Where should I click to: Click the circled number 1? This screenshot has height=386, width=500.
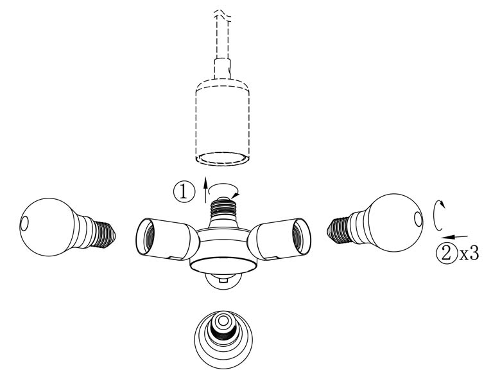tap(184, 192)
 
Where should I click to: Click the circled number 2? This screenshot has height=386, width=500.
tap(447, 254)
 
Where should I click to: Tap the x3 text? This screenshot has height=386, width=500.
tap(469, 254)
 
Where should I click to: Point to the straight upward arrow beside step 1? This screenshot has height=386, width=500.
tap(205, 189)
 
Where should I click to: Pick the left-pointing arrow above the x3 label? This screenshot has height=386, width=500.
tap(454, 237)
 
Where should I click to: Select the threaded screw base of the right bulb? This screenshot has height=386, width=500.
tap(340, 229)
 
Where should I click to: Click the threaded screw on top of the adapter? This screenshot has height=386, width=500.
tap(223, 209)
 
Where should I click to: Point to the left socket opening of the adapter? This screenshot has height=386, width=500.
tap(146, 236)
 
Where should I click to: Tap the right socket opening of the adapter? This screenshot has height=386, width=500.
tap(300, 236)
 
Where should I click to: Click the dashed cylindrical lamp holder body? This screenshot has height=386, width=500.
tap(222, 122)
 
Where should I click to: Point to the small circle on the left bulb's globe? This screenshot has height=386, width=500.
tap(24, 223)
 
